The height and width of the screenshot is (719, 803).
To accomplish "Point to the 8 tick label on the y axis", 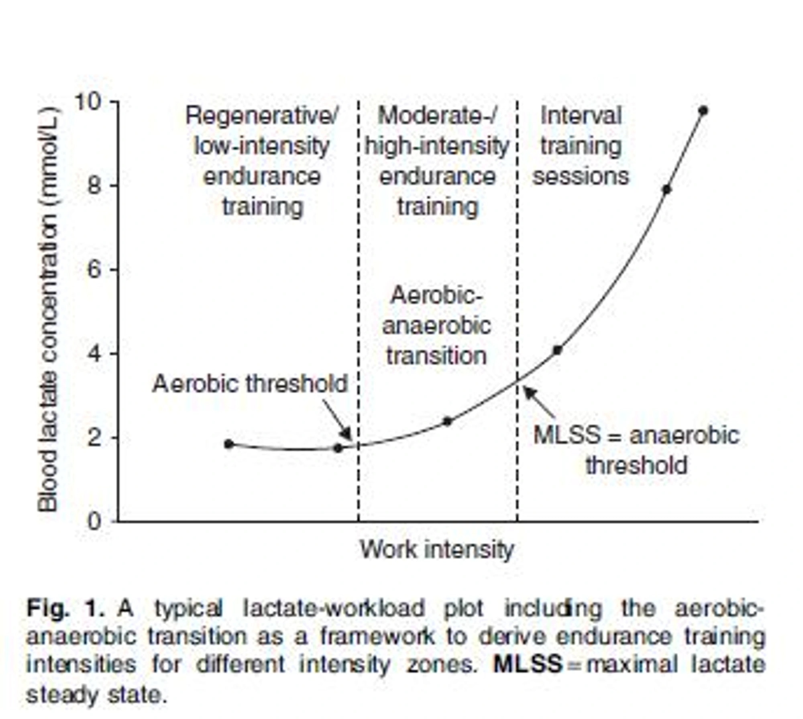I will pos(95,186).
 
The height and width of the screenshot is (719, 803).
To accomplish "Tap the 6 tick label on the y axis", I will pos(95,269).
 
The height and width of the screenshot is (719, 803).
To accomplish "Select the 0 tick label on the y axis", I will pos(95,521).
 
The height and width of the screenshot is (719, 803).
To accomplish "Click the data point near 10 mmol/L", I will pos(703,110).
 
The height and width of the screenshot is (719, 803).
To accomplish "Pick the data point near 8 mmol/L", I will pos(666,189).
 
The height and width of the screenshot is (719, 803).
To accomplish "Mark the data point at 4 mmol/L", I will pos(557,350).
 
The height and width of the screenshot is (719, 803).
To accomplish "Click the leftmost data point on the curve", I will pos(229,444).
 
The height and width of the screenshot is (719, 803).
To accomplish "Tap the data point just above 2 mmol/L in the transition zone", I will pos(447,421).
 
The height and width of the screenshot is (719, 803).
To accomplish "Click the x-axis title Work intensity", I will pos(437,550).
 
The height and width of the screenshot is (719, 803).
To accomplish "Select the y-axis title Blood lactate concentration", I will pos(48,309).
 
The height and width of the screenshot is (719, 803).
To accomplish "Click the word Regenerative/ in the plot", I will pos(262,116).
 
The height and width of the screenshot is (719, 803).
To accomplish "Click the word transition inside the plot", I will pos(436,356).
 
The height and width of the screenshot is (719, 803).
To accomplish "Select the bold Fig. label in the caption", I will pos(47,609).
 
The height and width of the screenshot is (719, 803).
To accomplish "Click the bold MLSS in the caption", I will pos(528,664).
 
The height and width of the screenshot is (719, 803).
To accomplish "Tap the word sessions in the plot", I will pos(581,177).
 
